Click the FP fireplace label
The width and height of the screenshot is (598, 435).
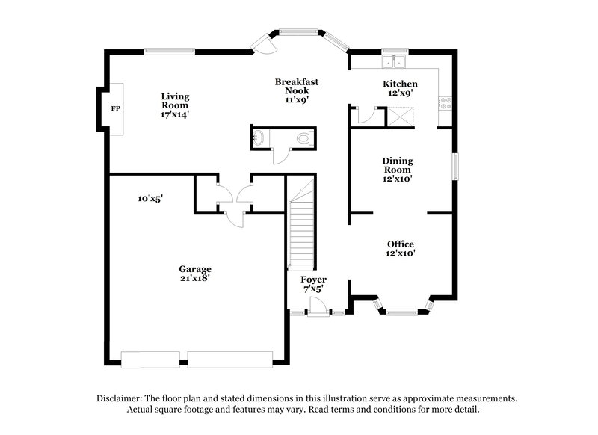(x=116, y=109)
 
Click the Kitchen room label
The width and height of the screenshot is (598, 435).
(x=400, y=84)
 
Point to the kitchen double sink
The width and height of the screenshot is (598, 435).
(x=393, y=61)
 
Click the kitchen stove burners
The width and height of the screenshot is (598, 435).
(x=447, y=102)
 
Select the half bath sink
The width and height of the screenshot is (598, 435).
(x=259, y=137)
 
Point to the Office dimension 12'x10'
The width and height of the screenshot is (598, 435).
(x=400, y=253)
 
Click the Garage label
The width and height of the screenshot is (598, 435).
(x=194, y=269)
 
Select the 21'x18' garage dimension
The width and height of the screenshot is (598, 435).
(x=194, y=279)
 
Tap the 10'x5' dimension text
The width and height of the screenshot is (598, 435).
(x=149, y=199)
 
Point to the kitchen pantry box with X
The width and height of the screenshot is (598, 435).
(x=395, y=117)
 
